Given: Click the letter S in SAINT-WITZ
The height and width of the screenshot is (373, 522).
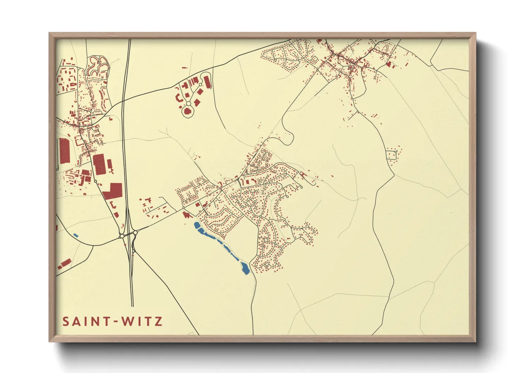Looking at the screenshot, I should click(x=66, y=322).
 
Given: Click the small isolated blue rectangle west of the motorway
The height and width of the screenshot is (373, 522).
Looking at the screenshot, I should click(x=75, y=235).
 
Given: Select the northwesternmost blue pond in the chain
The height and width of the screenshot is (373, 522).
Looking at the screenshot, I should click(x=197, y=225).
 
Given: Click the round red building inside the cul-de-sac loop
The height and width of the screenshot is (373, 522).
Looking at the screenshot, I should click(x=188, y=111).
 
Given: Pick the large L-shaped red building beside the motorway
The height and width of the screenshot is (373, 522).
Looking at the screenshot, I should click(x=113, y=191).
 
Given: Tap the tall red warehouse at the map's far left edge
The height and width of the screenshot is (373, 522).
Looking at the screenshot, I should click(x=64, y=151).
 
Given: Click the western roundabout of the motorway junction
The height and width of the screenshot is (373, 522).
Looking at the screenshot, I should click(x=122, y=236).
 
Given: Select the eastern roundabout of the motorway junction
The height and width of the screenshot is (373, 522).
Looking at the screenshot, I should click(x=135, y=233).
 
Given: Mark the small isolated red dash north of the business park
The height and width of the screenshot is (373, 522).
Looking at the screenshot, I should click(x=184, y=68).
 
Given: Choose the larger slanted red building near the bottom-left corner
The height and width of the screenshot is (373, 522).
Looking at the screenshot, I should click(x=66, y=263).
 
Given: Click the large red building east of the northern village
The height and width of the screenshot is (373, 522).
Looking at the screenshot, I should click(x=388, y=65).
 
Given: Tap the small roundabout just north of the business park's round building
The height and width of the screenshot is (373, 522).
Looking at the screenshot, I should click(x=188, y=104).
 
